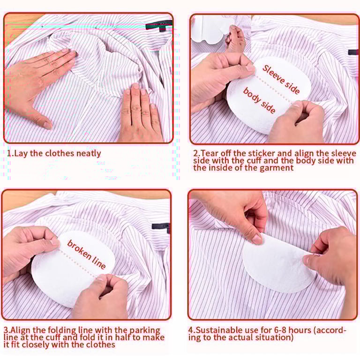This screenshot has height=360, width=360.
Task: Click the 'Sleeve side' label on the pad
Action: click(x=281, y=79)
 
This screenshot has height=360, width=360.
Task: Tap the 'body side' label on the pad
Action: click(x=259, y=100)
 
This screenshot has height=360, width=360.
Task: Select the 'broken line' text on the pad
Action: click(x=86, y=254)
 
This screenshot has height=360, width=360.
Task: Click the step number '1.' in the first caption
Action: click(x=10, y=153)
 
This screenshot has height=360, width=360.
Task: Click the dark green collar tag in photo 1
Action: click(x=159, y=25)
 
